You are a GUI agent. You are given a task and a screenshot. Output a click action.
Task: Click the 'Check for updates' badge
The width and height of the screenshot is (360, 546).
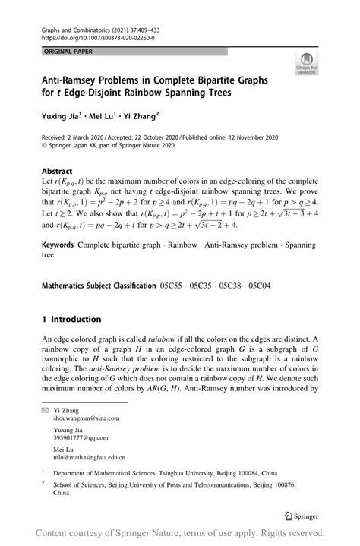click(308, 63)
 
